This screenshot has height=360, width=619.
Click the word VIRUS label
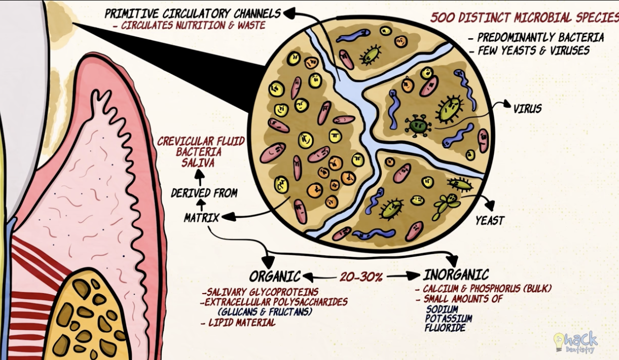tap(527, 109)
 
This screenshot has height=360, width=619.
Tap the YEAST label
tap(490, 221)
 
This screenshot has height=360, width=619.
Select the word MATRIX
tap(201, 218)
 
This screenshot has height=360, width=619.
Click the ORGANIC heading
tap(275, 276)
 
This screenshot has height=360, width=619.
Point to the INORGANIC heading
tap(456, 275)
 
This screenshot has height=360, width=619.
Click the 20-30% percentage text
tap(361, 277)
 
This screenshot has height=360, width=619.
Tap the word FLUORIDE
tap(445, 328)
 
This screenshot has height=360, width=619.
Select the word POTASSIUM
tap(449, 319)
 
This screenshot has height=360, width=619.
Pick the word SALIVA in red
tap(198, 162)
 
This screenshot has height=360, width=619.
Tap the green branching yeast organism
tap(446, 205)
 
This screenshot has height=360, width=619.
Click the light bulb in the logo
tap(559, 342)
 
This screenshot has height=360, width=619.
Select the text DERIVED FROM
tap(204, 193)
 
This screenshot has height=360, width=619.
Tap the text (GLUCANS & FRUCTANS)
tap(265, 312)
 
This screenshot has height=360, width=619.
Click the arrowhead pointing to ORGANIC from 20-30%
tap(308, 277)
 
